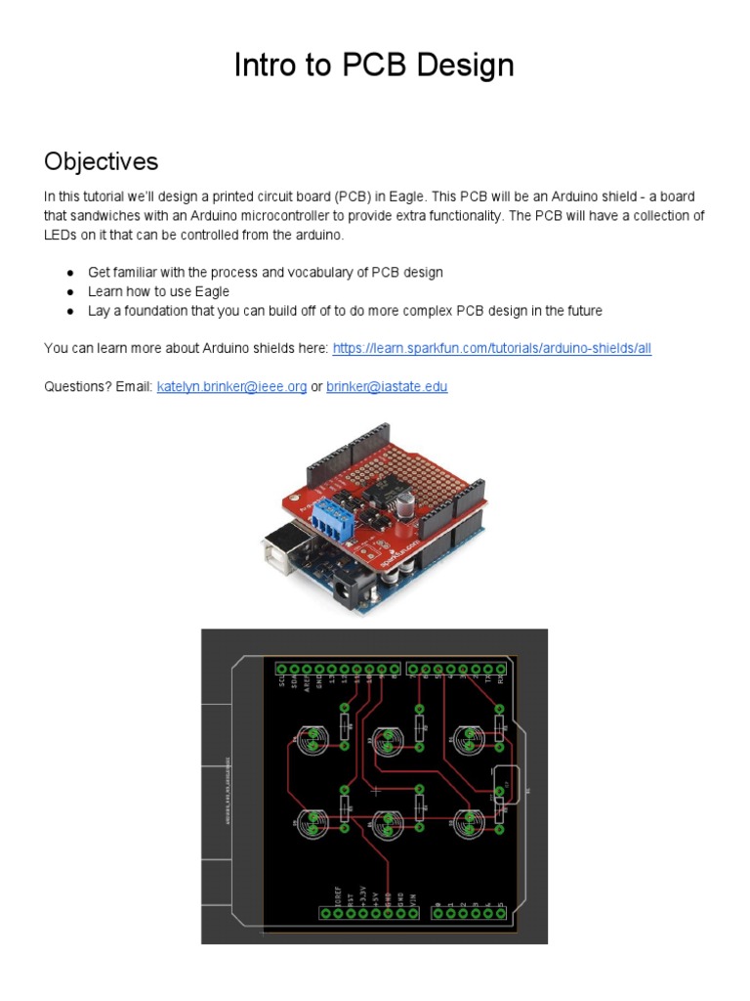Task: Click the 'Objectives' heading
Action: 101,160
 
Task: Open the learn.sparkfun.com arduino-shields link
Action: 491,348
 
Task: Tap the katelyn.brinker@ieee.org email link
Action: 231,386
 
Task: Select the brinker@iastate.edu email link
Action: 387,386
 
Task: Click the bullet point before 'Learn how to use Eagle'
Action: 70,291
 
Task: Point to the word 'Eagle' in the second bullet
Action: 212,291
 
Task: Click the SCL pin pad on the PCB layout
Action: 282,670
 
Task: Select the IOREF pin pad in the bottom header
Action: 326,912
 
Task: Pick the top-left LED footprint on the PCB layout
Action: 312,741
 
